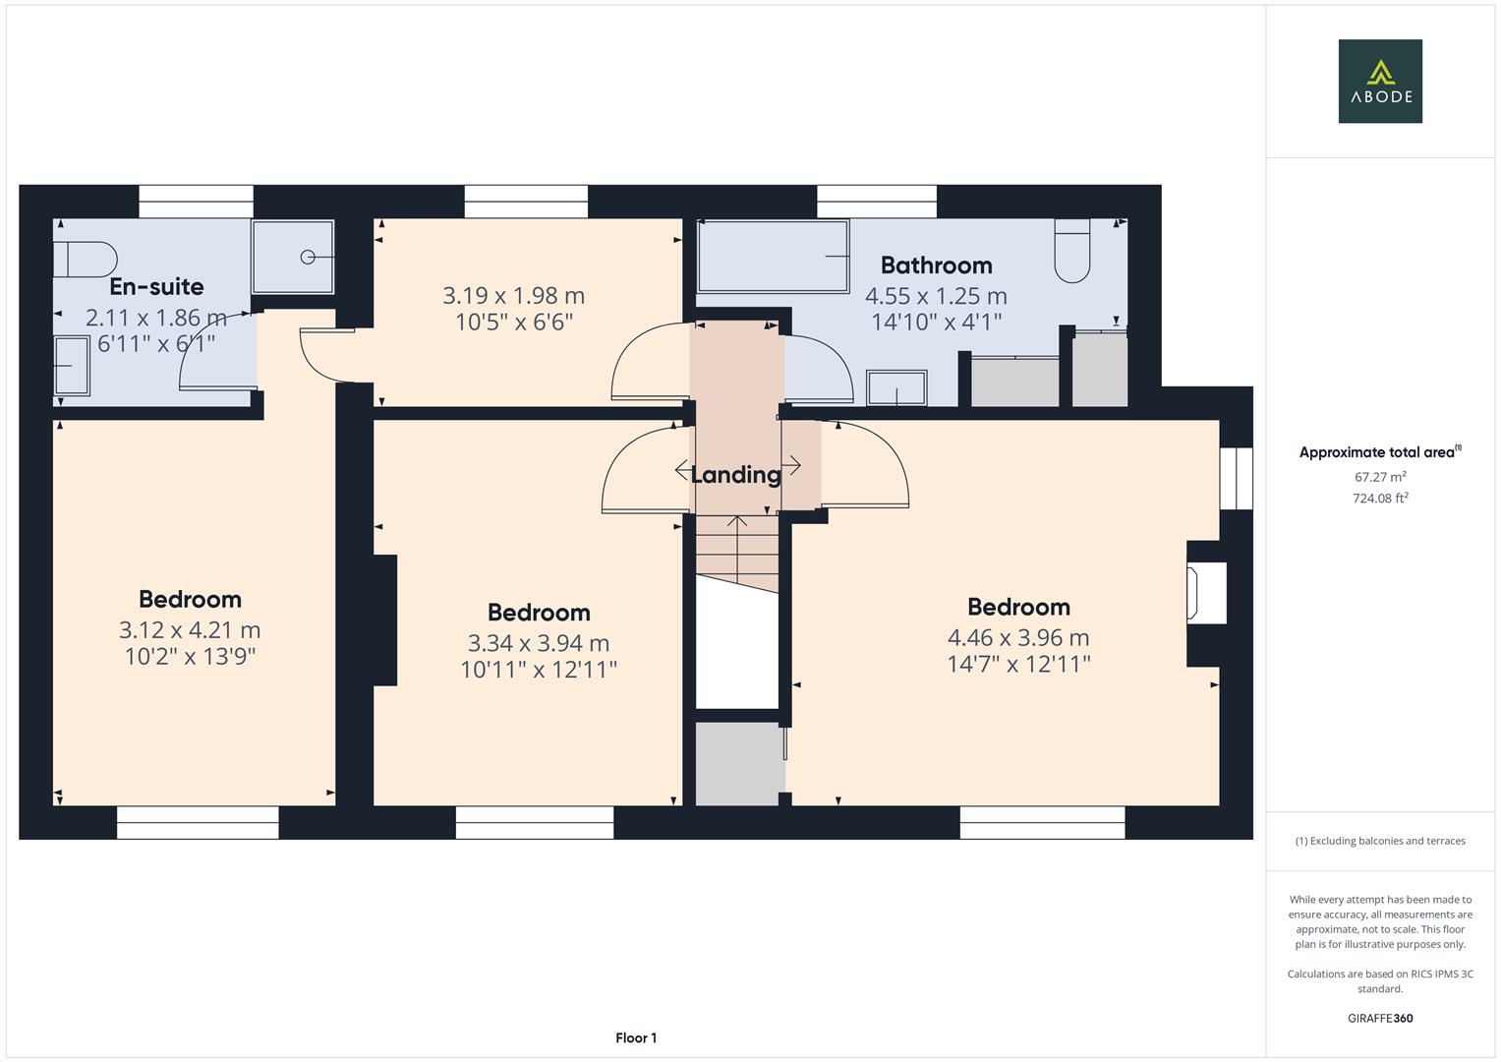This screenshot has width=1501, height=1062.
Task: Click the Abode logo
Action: [x=1379, y=81]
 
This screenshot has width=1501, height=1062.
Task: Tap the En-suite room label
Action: [x=156, y=286]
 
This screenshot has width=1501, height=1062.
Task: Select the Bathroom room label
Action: [x=936, y=265]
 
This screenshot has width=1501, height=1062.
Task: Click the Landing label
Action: [x=735, y=475]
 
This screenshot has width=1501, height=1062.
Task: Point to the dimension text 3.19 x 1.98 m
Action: [x=513, y=295]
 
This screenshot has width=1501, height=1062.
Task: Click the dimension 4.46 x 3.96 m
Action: [x=1017, y=637]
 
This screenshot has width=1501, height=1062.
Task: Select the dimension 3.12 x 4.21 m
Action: [x=190, y=629]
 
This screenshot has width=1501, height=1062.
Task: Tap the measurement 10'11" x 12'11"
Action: [x=539, y=670]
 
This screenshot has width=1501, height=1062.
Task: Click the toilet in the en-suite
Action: [x=85, y=260]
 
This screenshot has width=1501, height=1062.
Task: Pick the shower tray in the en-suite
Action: [x=293, y=257]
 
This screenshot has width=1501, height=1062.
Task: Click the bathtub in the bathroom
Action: [x=773, y=257]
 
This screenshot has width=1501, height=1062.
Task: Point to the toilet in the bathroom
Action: [x=1072, y=251]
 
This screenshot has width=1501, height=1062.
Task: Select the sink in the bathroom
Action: [x=896, y=387]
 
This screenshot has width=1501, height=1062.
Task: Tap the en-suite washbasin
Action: [x=71, y=366]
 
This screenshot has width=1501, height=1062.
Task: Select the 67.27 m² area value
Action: [x=1379, y=477]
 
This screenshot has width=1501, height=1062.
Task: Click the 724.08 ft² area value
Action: [x=1379, y=499]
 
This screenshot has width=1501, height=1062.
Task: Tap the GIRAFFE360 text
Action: [x=1379, y=1018]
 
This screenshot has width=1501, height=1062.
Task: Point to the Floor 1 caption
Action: [x=636, y=1037]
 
